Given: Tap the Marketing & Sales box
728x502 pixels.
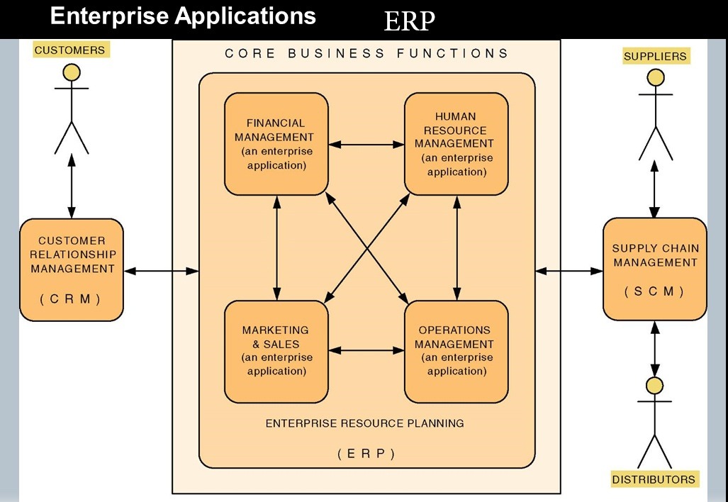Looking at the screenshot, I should tap(276, 351).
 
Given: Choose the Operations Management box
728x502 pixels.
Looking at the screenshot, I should tap(456, 351).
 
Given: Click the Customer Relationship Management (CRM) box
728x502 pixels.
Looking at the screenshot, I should tap(72, 269).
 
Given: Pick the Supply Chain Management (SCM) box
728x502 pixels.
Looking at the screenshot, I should tap(655, 269).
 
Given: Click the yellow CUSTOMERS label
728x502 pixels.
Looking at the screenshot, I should tap(69, 50).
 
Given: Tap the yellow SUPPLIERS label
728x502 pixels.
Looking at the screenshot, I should tap(655, 56).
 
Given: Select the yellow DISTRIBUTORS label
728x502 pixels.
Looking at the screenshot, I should tap(654, 479).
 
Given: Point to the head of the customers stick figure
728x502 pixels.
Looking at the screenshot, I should tap(72, 72).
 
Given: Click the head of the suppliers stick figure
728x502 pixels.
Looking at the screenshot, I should tap(655, 78).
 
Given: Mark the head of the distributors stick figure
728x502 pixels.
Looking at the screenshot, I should tap(655, 386).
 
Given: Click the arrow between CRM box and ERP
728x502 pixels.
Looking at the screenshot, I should tap(162, 270).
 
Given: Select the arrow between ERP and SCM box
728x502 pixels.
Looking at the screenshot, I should tap(569, 270).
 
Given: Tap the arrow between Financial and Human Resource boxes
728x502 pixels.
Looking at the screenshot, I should tap(366, 144).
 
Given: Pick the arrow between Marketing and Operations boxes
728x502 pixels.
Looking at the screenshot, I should tap(366, 350).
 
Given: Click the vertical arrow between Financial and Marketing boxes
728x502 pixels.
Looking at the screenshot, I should tap(276, 247).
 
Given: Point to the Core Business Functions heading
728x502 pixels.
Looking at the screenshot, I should tap(366, 53).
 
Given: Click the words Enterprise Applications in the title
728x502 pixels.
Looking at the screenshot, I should tap(183, 17).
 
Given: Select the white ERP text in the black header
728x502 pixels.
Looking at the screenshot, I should tap(408, 22).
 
